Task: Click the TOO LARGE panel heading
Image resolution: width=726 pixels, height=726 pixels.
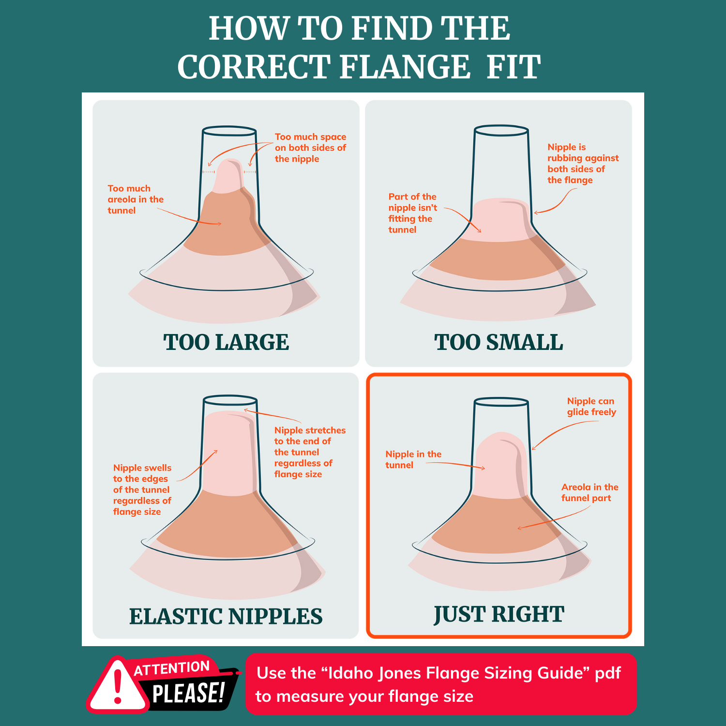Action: tap(226, 342)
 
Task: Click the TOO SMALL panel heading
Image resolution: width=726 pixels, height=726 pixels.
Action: tap(499, 342)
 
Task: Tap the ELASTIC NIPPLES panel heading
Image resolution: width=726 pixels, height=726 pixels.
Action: tap(226, 616)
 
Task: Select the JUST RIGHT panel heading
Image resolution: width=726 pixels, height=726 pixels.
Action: tap(499, 614)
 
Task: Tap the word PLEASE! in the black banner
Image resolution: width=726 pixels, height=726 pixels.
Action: tap(189, 693)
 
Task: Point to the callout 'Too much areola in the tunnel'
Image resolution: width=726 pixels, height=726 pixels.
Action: tap(135, 199)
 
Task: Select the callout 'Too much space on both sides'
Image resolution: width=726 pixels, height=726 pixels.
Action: tap(310, 148)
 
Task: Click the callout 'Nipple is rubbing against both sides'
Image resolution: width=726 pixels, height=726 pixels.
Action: tap(582, 164)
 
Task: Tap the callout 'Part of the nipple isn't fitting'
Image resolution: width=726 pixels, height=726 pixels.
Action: tap(412, 213)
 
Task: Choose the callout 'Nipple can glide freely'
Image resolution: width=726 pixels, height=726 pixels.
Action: tap(591, 407)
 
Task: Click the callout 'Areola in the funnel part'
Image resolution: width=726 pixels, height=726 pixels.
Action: tap(589, 492)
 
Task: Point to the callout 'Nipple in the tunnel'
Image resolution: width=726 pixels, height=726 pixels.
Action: tap(413, 459)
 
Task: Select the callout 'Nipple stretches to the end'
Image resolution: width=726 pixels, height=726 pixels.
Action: tap(309, 452)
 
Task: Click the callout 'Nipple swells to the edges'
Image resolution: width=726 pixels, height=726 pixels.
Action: tap(142, 489)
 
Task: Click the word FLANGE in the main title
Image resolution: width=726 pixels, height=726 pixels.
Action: tap(405, 67)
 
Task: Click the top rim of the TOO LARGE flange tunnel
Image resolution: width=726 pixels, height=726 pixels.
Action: tap(229, 131)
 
